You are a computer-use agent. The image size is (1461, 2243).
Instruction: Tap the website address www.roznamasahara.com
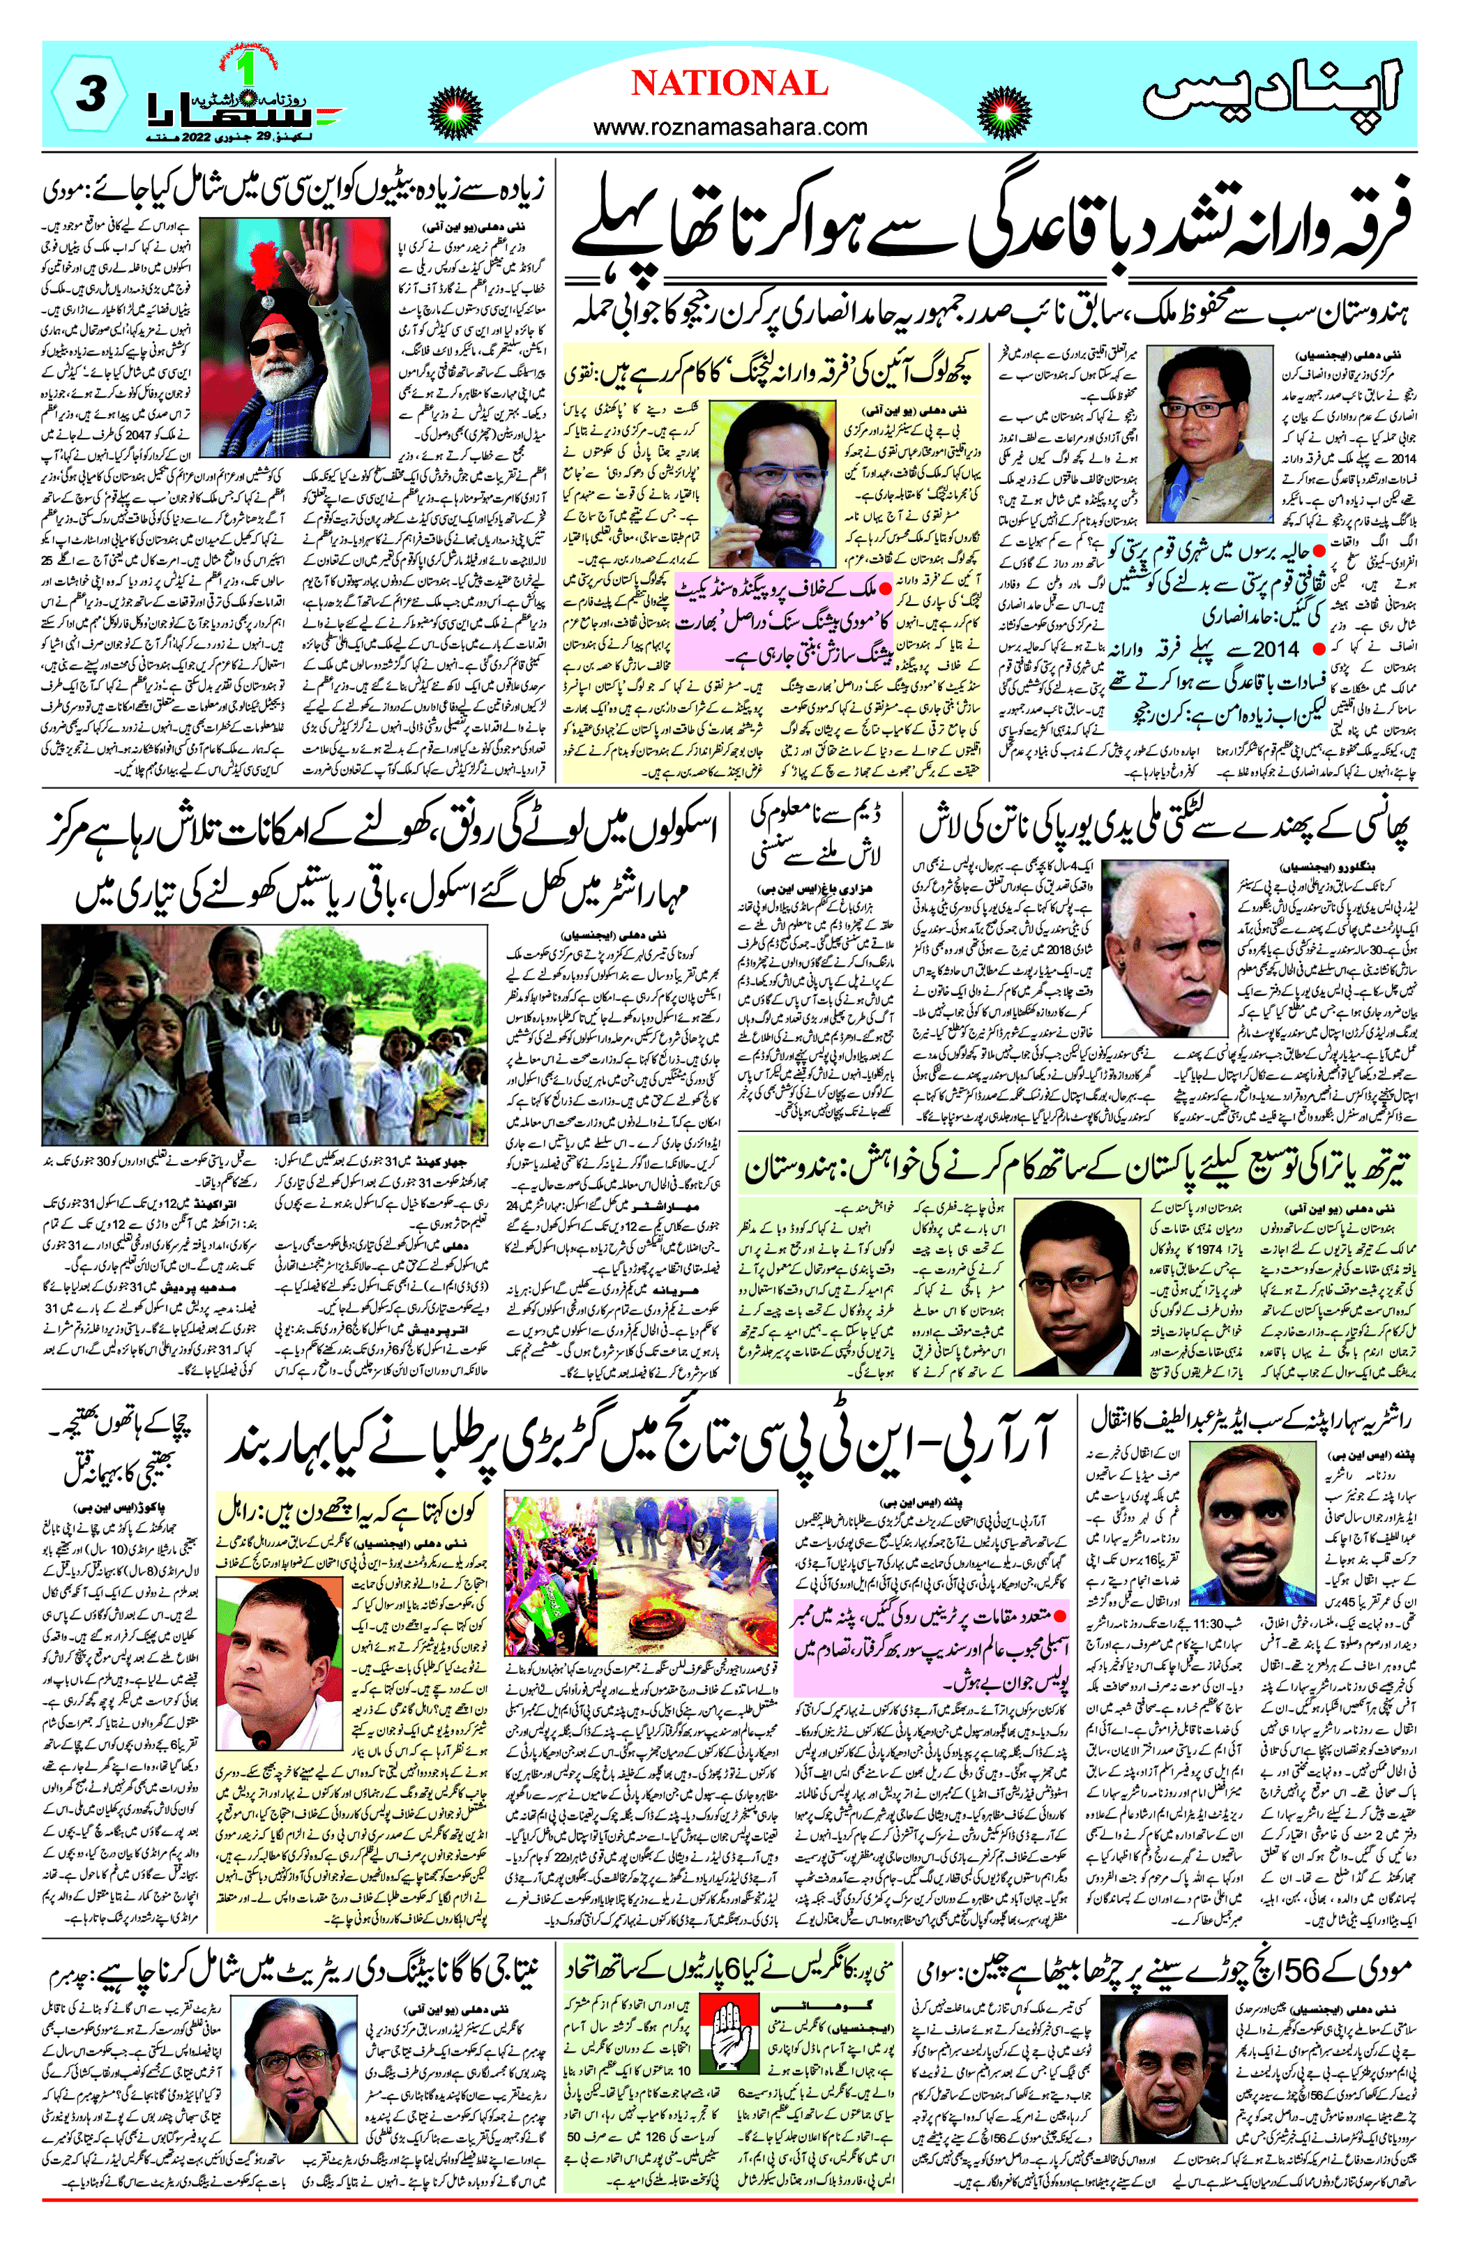click(729, 126)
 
